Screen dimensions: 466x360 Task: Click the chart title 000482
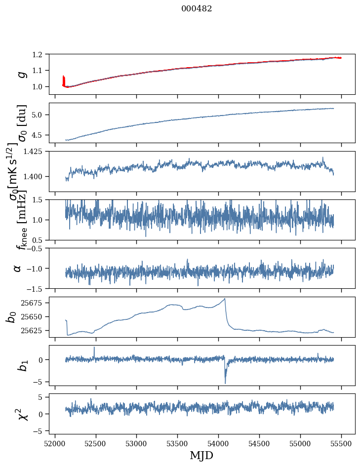tap(197, 9)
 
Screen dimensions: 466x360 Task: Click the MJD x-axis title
tap(201, 455)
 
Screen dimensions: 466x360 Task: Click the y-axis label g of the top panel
tap(21, 74)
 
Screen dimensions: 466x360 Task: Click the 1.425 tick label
tap(37, 152)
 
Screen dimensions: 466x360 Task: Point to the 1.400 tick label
tap(37, 177)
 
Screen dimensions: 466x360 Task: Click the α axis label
tap(17, 268)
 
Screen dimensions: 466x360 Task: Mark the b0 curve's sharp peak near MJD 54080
tap(225, 299)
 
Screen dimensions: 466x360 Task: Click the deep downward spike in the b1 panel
tap(225, 383)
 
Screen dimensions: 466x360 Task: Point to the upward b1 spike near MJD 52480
tap(94, 347)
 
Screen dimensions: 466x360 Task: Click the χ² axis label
tap(21, 414)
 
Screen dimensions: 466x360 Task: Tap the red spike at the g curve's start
tap(63, 78)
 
